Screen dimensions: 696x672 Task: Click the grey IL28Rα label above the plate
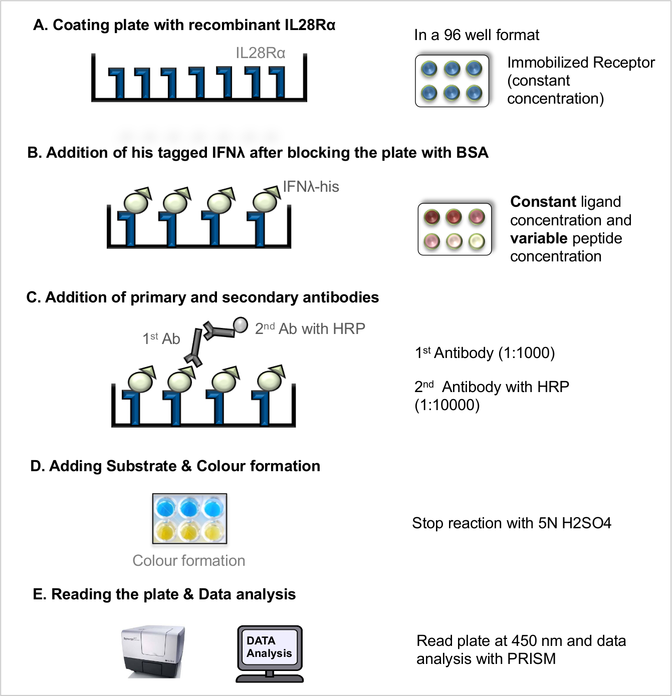tap(260, 53)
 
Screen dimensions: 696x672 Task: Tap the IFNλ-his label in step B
tap(311, 187)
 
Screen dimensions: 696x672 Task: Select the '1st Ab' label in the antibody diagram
tap(161, 339)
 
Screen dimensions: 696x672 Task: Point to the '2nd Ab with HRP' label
tap(310, 329)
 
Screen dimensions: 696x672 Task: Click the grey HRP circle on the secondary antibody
tap(241, 324)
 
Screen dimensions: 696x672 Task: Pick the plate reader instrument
tap(154, 651)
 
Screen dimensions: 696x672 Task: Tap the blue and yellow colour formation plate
tap(189, 519)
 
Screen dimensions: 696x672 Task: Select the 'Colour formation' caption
tap(188, 561)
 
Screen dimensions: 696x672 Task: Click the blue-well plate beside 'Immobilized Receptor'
tap(452, 81)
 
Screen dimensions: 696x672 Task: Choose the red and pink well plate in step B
tap(455, 229)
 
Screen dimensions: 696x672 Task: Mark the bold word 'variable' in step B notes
tap(538, 238)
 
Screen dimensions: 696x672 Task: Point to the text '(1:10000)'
tap(447, 405)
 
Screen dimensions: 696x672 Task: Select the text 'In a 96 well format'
tap(477, 35)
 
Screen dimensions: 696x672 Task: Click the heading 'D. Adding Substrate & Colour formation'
tap(175, 466)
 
